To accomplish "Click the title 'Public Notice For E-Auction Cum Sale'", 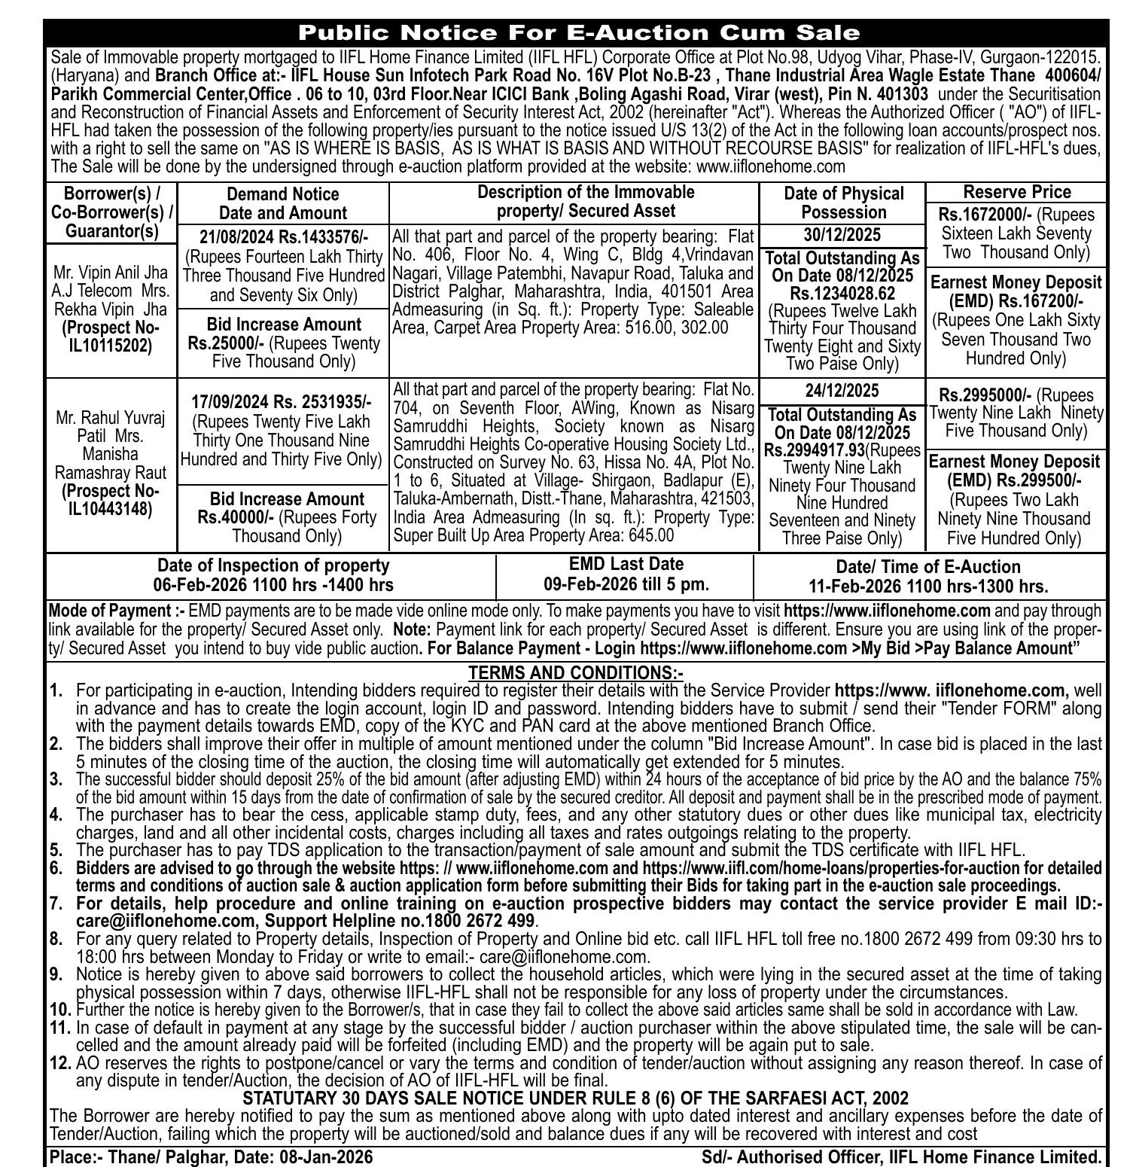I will coord(578,32).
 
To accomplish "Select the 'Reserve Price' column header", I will coord(1016,192).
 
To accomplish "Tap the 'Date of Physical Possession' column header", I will coord(843,203).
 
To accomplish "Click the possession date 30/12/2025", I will coord(842,235).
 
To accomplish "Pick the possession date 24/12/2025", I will coord(842,391).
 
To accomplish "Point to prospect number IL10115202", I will coord(111,346).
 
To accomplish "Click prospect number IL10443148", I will coord(111,509).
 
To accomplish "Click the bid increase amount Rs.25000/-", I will coord(227,343).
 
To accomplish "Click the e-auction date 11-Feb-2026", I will coord(856,587).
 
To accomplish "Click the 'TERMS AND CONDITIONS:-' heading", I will coord(576,672).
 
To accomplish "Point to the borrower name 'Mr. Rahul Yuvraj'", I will coord(111,418).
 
